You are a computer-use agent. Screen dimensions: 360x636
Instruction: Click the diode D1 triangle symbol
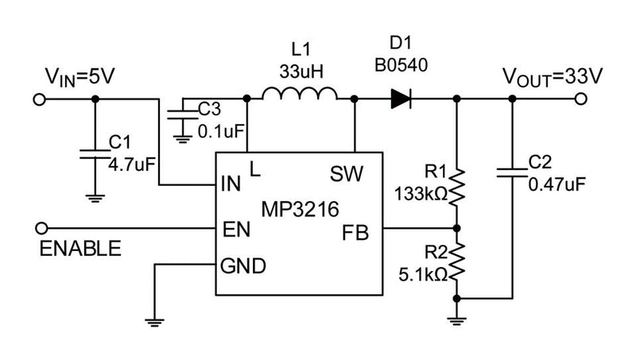400,99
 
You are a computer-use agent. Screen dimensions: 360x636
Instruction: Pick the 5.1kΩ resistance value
425,275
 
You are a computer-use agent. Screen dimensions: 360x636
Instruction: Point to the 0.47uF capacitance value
557,184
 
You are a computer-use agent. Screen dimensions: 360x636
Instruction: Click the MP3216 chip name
301,210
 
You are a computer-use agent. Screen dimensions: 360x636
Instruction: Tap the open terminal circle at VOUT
582,99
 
